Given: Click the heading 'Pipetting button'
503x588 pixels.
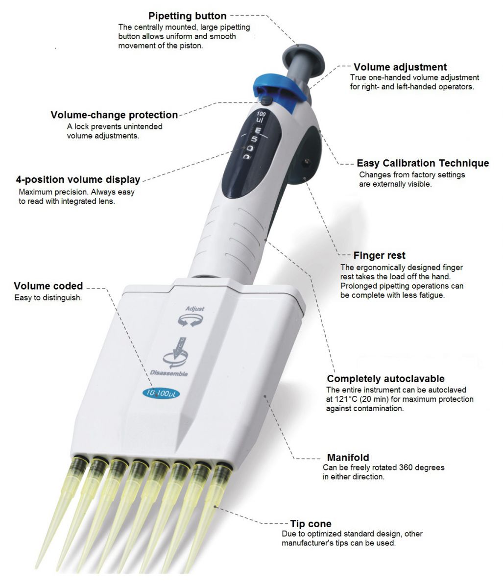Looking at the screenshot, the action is click(188, 16).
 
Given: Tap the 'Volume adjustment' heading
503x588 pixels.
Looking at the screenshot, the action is click(400, 67).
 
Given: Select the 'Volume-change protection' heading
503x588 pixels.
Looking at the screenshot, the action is click(114, 115).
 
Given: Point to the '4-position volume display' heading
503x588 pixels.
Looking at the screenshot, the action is click(78, 179).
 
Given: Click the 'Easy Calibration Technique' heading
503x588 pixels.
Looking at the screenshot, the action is click(423, 163).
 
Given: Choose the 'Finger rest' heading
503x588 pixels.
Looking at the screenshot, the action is click(379, 255).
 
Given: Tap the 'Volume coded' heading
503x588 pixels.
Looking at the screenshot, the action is click(48, 286).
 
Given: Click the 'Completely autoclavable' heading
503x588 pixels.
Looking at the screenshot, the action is click(385, 379).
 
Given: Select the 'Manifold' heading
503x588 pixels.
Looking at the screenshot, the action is click(348, 457).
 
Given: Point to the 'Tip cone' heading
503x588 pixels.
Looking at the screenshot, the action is click(311, 524).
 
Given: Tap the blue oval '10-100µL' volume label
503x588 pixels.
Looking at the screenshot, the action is click(161, 393).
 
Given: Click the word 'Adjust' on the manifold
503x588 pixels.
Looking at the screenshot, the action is click(195, 309).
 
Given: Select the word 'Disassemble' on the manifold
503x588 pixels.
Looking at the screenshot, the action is click(169, 373).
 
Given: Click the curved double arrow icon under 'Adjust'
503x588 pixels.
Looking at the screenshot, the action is click(190, 321).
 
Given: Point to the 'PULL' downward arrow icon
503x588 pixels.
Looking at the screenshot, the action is click(175, 352).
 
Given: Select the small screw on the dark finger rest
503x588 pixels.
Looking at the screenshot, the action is click(306, 162).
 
